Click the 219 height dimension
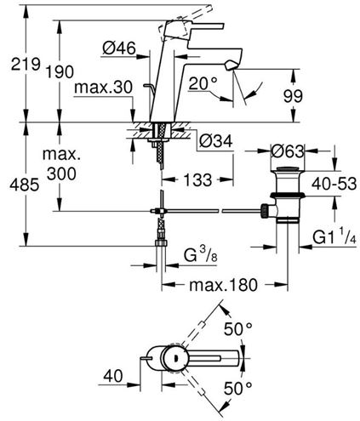pos(26,64)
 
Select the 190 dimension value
pos(60,71)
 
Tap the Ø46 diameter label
pos(119,48)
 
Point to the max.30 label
pos(103,87)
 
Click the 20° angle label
pos(203,83)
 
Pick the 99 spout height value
pos(293,96)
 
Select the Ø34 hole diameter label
pos(216,140)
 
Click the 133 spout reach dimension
pos(197,179)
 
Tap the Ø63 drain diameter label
pos(288,151)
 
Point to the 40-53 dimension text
pos(334,184)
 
